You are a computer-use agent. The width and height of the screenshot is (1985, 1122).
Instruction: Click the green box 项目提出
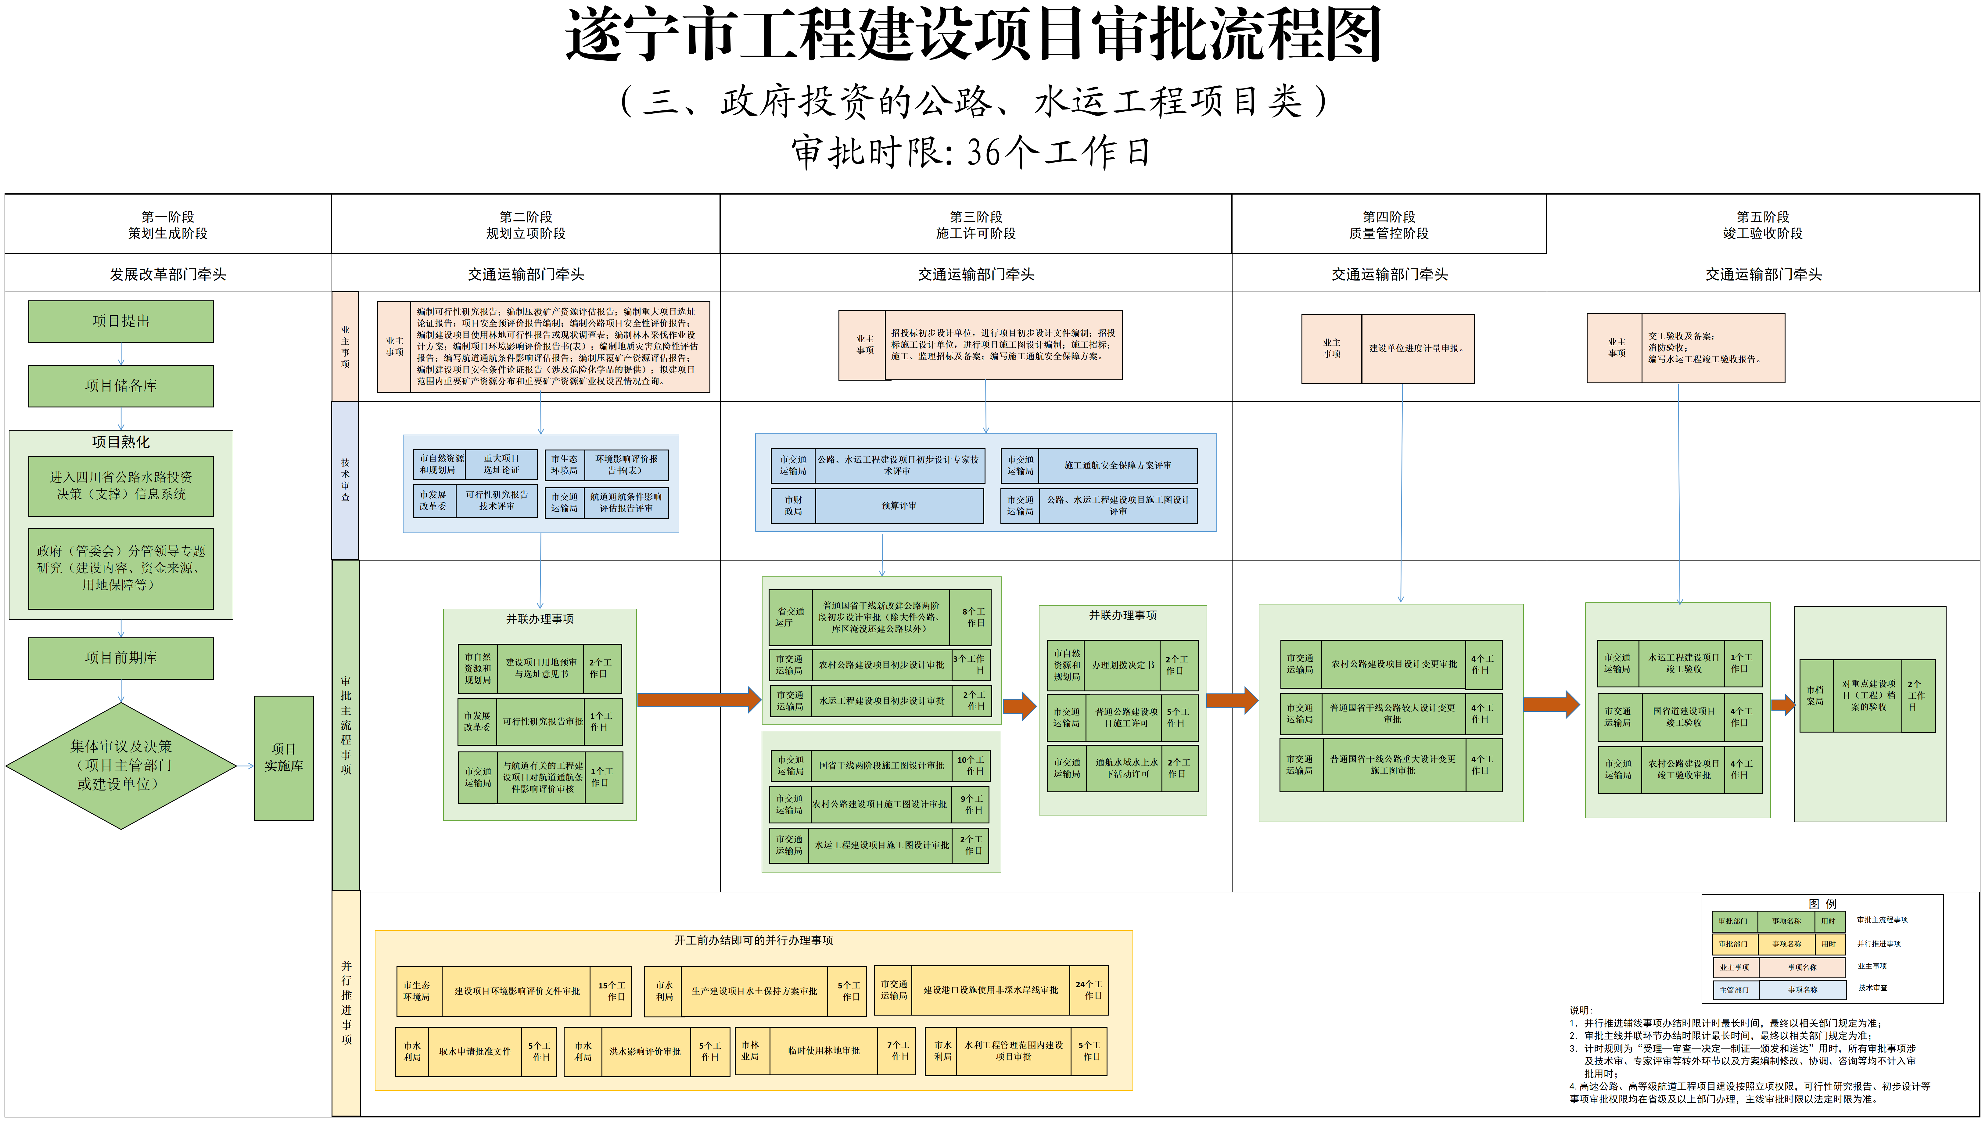pyautogui.click(x=121, y=321)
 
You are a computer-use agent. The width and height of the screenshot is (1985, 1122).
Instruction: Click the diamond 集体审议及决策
pyautogui.click(x=121, y=765)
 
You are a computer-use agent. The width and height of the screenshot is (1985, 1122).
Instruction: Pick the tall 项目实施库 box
pyautogui.click(x=284, y=758)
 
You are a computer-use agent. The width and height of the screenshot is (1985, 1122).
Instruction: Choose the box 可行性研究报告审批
pyautogui.click(x=543, y=722)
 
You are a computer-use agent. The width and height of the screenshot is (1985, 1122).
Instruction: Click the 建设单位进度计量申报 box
pyautogui.click(x=1417, y=348)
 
